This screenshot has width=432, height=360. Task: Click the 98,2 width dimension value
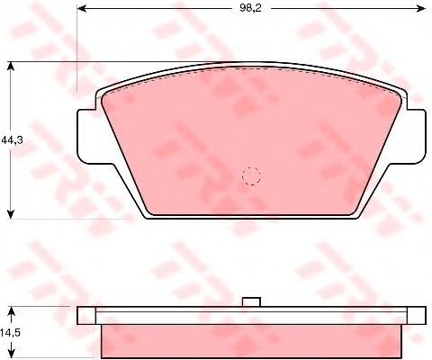tap(250, 8)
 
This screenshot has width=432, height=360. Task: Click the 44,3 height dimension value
tap(12, 139)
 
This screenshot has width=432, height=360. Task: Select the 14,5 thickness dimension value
tap(10, 332)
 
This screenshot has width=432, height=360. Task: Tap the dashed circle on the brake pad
tap(251, 175)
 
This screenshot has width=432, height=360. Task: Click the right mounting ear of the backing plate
tap(417, 137)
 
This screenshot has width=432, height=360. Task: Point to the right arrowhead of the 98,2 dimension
tap(420, 9)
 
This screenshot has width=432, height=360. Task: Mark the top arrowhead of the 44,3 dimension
tap(11, 66)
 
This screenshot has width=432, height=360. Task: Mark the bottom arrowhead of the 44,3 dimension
tap(11, 214)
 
